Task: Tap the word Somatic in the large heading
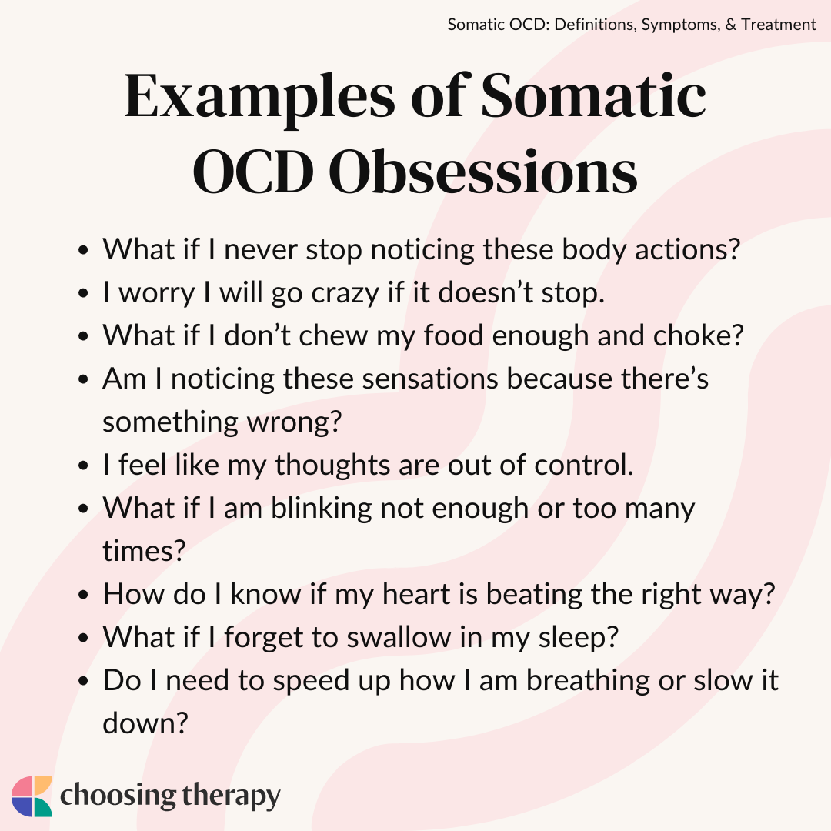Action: coord(593,95)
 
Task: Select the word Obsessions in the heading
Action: coord(482,171)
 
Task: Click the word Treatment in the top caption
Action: coord(779,25)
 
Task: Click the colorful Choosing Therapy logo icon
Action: coord(32,796)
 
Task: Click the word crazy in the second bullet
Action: coord(345,294)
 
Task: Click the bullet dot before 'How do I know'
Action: coord(82,595)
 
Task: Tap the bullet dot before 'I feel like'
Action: coord(82,466)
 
